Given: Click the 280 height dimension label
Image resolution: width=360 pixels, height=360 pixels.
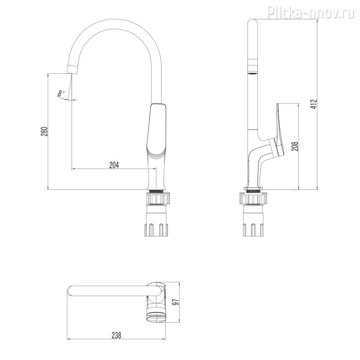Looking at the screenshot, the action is pos(44,131).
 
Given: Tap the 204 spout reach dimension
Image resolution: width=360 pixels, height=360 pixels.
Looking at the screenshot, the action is pos(114,165).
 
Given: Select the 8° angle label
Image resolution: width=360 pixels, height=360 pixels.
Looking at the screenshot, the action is pos(61,93).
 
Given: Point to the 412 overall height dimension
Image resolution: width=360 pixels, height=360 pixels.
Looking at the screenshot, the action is pos(314,104).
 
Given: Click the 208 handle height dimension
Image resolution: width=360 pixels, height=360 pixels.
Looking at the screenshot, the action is pos(296,146).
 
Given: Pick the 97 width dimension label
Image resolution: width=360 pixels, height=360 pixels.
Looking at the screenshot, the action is pos(176,302).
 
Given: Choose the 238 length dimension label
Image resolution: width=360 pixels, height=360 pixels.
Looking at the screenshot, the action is pos(117,335).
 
